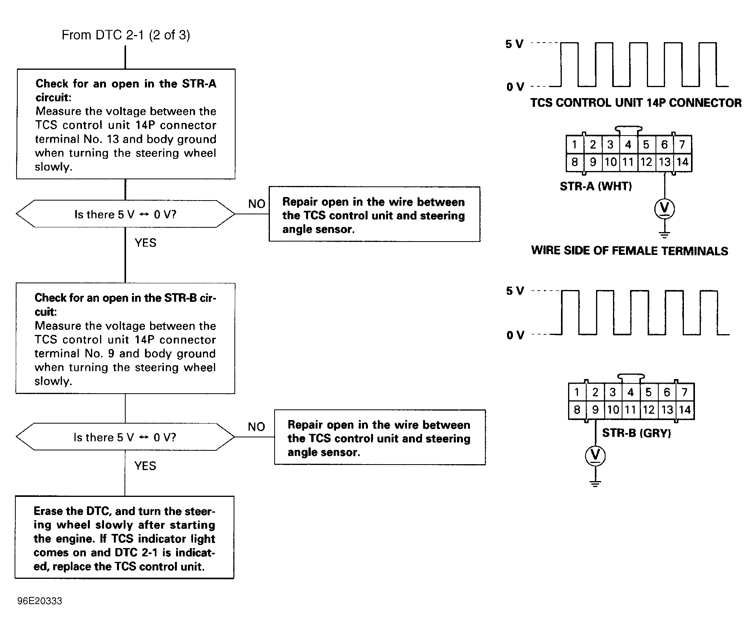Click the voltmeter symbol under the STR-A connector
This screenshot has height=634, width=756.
tap(664, 209)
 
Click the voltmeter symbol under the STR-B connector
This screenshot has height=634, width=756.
tap(595, 456)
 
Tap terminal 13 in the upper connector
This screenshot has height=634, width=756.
tap(664, 162)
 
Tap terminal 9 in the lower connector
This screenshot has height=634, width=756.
tap(595, 410)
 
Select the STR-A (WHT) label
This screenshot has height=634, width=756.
tap(596, 186)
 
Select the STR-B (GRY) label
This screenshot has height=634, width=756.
tap(636, 433)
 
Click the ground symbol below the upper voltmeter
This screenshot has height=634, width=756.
tap(664, 235)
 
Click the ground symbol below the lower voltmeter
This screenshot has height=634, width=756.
tap(595, 483)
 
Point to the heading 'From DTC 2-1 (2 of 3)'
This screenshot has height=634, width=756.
tap(126, 35)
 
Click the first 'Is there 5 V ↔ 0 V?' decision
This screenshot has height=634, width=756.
tap(125, 214)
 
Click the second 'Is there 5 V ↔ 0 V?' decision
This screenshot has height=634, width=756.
tap(125, 437)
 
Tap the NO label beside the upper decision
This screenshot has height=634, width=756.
tap(256, 204)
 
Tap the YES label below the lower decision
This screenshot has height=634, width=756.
tap(145, 466)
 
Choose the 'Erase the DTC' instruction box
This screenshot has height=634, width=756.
tap(124, 538)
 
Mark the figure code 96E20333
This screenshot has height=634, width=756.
tap(40, 601)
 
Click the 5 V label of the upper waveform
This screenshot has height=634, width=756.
tap(515, 44)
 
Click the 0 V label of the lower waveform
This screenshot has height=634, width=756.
tap(515, 335)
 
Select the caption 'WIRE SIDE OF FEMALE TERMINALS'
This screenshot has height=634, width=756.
tap(629, 251)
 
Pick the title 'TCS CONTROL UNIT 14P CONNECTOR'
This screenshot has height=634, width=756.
tap(635, 103)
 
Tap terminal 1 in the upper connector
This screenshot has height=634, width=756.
tap(575, 145)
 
